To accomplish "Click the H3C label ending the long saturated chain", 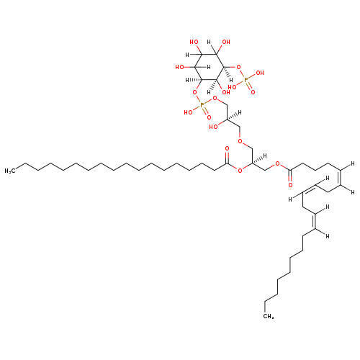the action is click(10, 171).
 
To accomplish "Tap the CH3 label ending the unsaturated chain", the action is click(269, 316).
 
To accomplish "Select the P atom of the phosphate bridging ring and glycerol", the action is click(202, 105).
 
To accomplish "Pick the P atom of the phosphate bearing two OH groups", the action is click(245, 79).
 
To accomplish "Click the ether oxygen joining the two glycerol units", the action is click(240, 141).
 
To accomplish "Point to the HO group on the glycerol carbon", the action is click(213, 127).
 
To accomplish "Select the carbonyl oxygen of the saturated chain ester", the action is click(227, 148).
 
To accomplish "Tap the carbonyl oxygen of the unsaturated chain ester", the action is click(290, 185).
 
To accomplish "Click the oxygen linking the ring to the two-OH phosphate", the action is click(238, 67).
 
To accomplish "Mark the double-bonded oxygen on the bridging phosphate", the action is click(210, 117).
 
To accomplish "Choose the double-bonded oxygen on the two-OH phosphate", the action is click(253, 92).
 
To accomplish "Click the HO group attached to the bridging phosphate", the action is click(189, 112).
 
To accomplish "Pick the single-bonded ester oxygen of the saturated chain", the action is click(240, 171).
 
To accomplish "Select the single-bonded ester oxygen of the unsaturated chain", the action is click(278, 164).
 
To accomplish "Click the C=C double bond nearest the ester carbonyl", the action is click(340, 178).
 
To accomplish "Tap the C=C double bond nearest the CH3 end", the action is click(315, 221).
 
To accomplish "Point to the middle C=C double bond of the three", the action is click(309, 189).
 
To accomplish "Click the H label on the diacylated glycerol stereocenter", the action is click(265, 156).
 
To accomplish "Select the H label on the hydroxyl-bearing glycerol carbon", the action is click(239, 112).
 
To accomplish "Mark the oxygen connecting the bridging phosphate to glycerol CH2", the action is click(215, 98).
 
